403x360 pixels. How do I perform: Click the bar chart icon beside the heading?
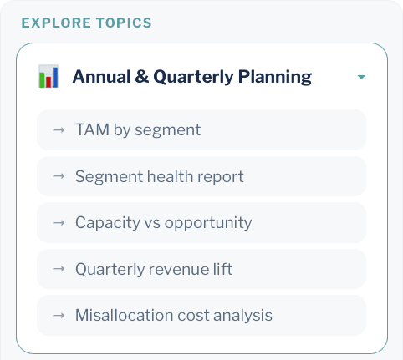tap(48, 77)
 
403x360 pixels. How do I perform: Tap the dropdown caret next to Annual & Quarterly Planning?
tap(361, 78)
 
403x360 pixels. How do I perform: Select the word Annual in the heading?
tap(99, 78)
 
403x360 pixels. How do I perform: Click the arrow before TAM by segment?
tap(59, 129)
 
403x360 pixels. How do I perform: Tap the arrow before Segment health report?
tap(59, 176)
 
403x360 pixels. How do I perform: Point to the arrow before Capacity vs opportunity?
tap(59, 223)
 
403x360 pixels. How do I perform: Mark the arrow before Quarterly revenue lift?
tap(59, 269)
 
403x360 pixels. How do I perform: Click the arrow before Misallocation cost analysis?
tap(59, 316)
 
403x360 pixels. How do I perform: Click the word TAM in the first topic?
tap(90, 129)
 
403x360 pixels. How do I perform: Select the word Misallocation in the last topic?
tap(120, 316)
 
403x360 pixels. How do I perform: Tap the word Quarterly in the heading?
tap(191, 78)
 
